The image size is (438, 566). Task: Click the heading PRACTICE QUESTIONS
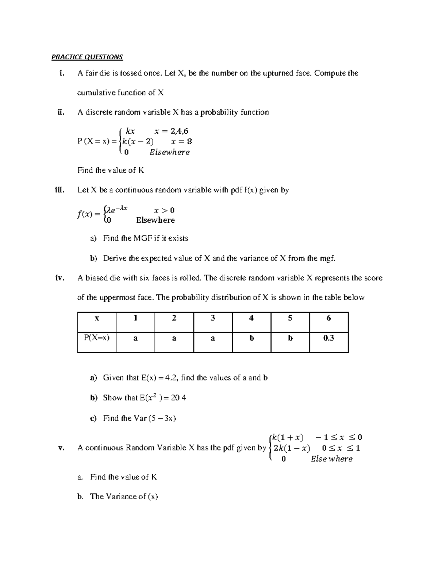[x=87, y=57]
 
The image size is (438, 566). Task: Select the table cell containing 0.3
[x=328, y=342]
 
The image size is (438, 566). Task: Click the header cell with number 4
[x=251, y=322]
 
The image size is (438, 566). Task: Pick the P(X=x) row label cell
[x=97, y=342]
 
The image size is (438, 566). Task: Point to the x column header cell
[x=97, y=322]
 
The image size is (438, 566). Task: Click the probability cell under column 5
[x=290, y=342]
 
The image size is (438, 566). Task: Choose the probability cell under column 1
[x=135, y=342]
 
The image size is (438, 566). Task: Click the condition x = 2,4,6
[x=172, y=131]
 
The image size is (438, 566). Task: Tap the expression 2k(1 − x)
[x=292, y=448]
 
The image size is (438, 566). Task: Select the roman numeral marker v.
[x=61, y=448]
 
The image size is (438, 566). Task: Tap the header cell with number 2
[x=174, y=322]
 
